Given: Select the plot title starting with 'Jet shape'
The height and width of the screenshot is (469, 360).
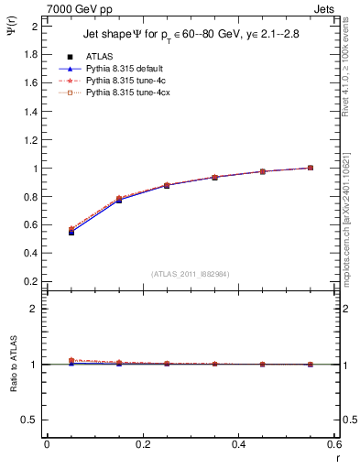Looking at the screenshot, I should point(191,34).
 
